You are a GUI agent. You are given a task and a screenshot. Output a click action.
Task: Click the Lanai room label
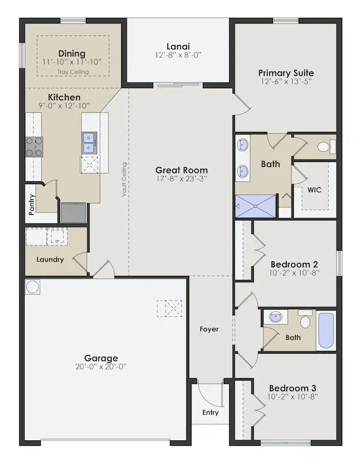tap(178, 46)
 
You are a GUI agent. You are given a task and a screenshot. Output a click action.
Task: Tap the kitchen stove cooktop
tap(34, 147)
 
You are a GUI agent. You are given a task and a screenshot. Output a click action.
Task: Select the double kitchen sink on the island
tap(89, 143)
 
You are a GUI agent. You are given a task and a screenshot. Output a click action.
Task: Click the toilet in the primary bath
tap(326, 146)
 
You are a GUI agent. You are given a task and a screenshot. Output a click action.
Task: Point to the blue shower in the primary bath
tap(256, 206)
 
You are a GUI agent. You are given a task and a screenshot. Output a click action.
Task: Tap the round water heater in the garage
tap(32, 287)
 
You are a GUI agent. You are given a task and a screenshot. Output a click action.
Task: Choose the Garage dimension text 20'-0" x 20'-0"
tap(101, 367)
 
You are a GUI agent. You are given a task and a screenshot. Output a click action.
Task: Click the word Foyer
tap(209, 329)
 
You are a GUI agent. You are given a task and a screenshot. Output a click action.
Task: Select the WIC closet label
tap(314, 190)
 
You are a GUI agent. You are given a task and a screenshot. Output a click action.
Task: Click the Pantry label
tap(32, 205)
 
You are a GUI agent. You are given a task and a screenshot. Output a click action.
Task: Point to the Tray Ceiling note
tap(73, 72)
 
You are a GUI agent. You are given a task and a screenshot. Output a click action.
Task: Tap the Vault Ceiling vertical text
tap(124, 179)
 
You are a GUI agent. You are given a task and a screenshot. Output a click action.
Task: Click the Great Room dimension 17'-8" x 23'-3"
tap(182, 179)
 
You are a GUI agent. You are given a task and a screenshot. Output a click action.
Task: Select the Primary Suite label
tap(286, 73)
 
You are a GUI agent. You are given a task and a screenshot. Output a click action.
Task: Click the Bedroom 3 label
tap(293, 388)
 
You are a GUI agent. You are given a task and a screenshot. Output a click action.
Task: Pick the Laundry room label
tap(50, 259)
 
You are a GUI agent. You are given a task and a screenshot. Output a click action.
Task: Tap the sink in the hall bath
tap(275, 317)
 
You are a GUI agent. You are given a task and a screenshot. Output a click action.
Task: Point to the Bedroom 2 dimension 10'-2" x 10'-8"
tap(294, 273)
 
